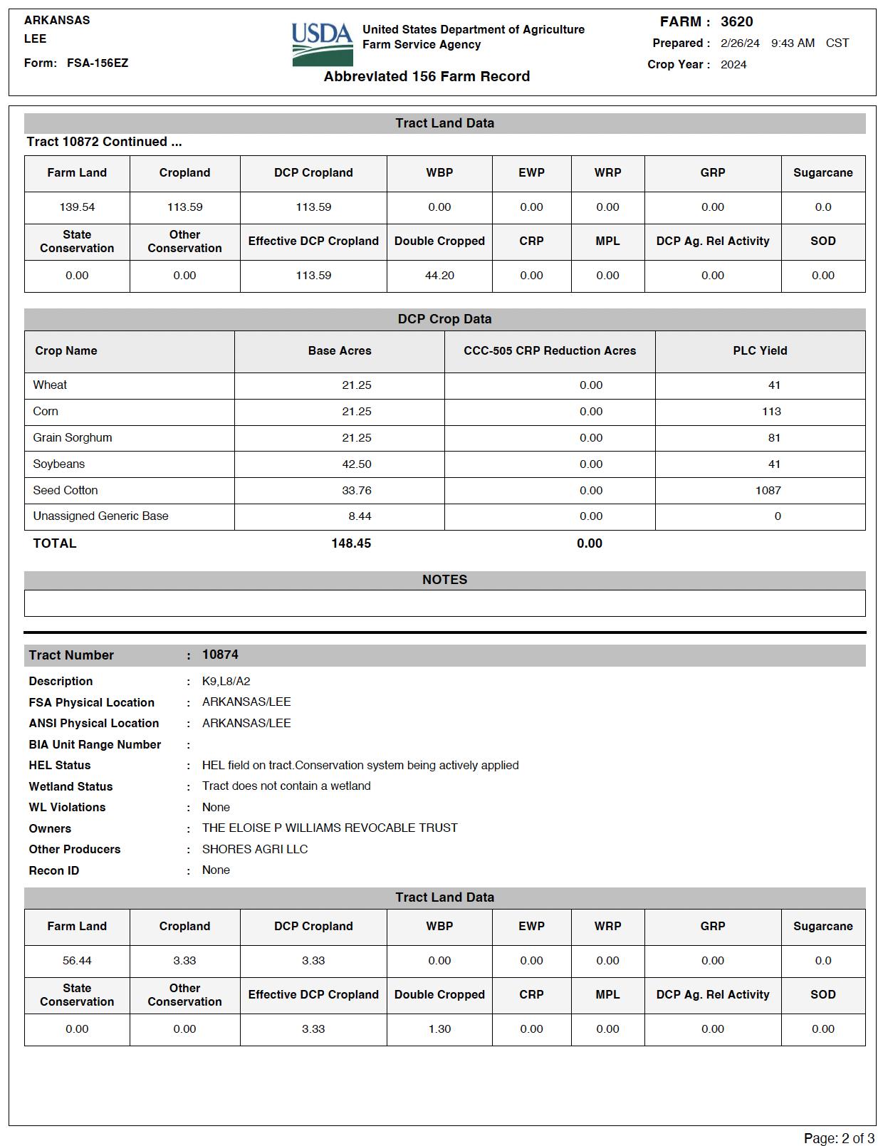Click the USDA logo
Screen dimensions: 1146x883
click(x=322, y=44)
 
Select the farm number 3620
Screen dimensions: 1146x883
click(x=736, y=22)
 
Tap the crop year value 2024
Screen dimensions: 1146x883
click(x=733, y=65)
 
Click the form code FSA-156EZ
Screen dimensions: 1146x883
click(x=98, y=63)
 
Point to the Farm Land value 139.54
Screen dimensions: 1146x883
click(x=77, y=207)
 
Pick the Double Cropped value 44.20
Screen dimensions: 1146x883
click(x=439, y=276)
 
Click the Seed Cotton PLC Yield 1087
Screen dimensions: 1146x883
click(x=768, y=491)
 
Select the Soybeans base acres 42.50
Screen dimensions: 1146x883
click(x=356, y=464)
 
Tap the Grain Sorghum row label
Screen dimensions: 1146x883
click(x=73, y=438)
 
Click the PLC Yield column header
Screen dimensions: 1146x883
click(x=760, y=351)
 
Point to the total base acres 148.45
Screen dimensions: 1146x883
click(x=351, y=543)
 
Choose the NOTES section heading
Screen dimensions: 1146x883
click(x=444, y=580)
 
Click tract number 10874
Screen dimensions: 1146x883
click(x=220, y=655)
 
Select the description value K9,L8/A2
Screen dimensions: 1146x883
click(x=226, y=682)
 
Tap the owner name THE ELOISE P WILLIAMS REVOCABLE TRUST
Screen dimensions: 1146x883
click(x=330, y=828)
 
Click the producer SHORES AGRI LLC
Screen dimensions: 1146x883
click(x=255, y=850)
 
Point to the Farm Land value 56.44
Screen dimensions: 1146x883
click(x=77, y=961)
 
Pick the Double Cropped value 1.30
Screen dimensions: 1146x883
click(x=439, y=1029)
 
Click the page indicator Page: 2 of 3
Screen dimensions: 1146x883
click(x=839, y=1138)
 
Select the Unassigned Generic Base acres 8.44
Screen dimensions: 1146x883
click(x=360, y=516)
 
